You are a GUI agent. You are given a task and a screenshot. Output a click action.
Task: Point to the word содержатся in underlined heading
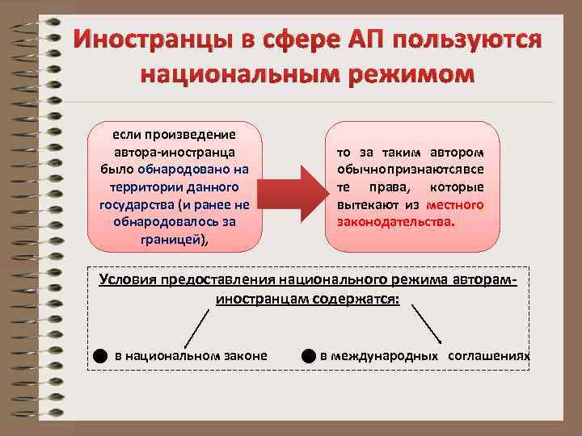361,298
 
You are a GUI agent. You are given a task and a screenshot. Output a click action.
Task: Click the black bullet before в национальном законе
98,356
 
